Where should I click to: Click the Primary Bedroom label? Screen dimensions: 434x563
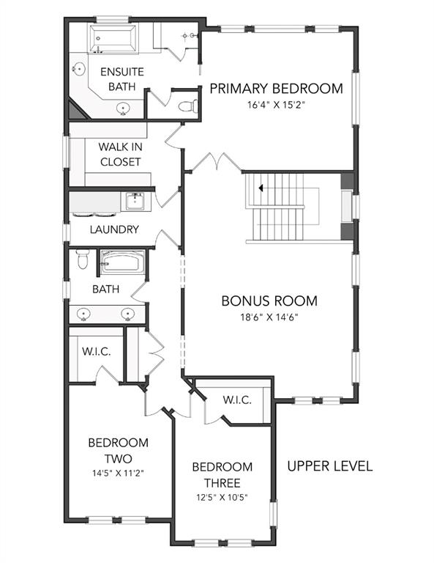[x=276, y=88]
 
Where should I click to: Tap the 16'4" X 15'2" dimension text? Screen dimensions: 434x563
[x=276, y=106]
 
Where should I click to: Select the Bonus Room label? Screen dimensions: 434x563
[x=269, y=301]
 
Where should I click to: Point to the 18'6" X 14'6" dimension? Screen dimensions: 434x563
[x=269, y=317]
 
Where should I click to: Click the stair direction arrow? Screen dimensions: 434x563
[x=261, y=188]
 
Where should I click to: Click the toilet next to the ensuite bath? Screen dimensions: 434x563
[x=188, y=106]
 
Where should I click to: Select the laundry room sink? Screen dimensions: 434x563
[x=135, y=202]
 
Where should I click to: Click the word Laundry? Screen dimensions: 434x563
[x=114, y=229]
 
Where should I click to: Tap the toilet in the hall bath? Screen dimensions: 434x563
[x=83, y=260]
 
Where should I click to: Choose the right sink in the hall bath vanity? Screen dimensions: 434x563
[x=127, y=314]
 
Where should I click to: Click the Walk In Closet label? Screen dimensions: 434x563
[x=121, y=155]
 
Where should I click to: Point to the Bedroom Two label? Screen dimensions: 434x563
[x=119, y=451]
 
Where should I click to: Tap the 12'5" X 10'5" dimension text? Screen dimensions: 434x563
[x=222, y=498]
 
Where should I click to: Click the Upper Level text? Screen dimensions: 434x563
[x=330, y=466]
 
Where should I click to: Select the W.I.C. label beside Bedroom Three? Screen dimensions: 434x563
[x=237, y=400]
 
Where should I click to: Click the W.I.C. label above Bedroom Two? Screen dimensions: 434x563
[x=97, y=351]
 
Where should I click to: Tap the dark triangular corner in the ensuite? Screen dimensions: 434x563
[x=75, y=110]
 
